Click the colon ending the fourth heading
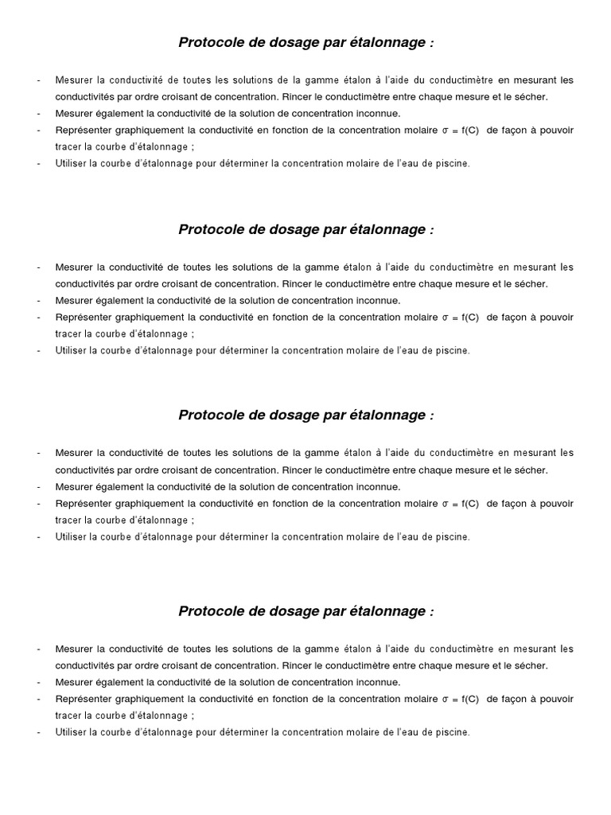[x=431, y=611]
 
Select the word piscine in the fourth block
[x=453, y=732]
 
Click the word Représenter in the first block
[x=82, y=131]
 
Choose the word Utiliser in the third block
[x=71, y=537]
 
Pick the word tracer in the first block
[x=68, y=147]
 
